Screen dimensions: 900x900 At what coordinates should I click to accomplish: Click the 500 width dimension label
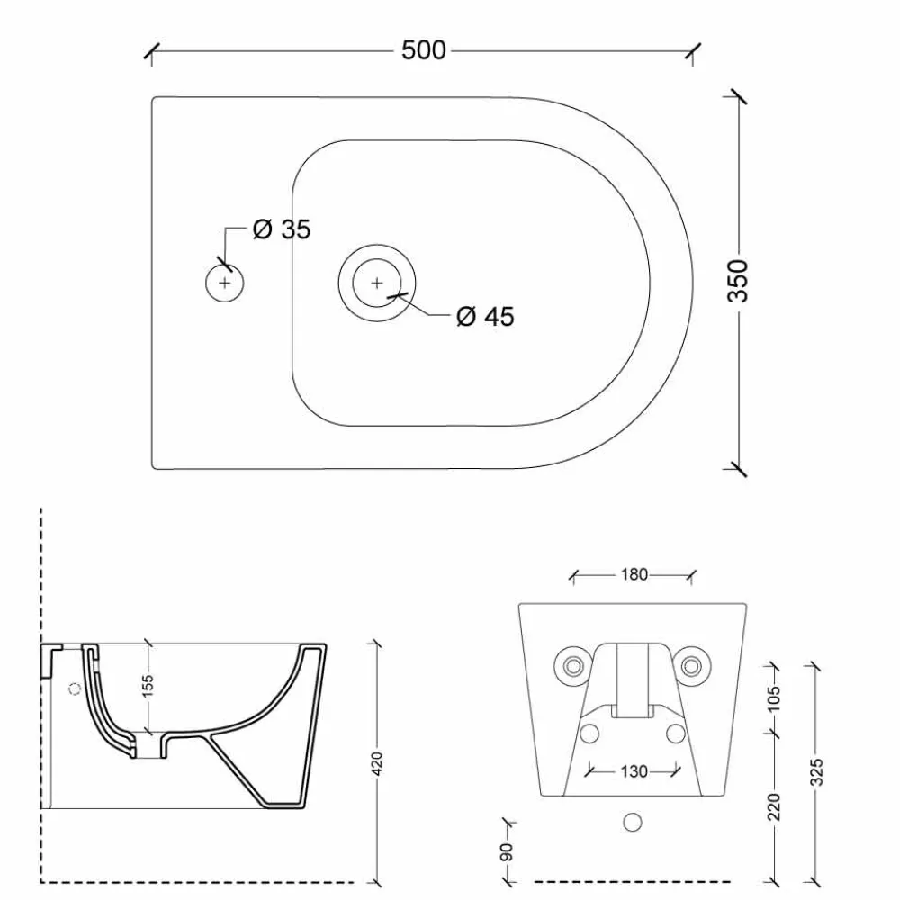coord(423,50)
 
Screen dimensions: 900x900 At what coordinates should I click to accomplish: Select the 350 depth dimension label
coord(737,280)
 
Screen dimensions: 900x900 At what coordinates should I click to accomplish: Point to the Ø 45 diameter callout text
coord(485,316)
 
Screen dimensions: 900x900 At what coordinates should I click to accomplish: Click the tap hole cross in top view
coord(224,283)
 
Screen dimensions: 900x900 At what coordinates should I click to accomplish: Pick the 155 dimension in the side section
coord(149,686)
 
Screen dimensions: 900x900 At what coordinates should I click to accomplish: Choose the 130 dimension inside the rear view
coord(634,771)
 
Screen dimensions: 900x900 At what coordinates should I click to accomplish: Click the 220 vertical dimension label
coord(774,806)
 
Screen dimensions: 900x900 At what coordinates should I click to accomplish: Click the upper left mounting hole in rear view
coord(573,665)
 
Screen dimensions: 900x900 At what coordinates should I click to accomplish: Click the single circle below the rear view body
coord(633,823)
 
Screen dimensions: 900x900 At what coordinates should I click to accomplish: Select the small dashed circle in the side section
coord(75,689)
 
